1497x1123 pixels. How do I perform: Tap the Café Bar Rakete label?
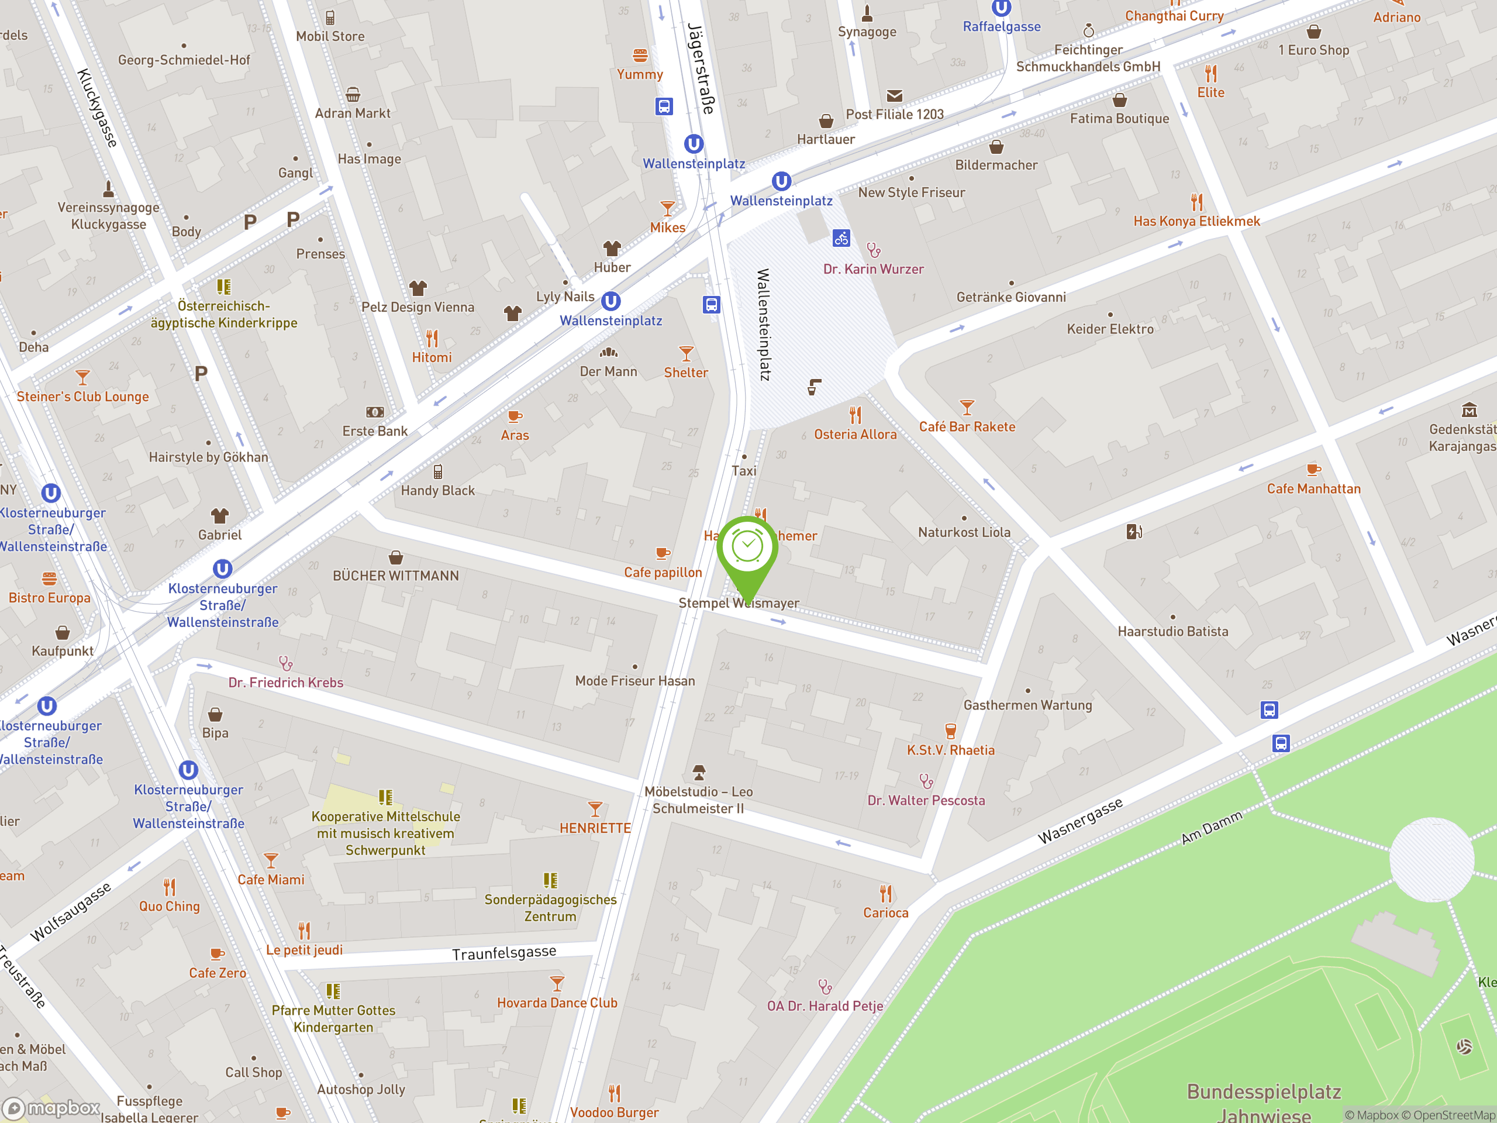click(x=967, y=426)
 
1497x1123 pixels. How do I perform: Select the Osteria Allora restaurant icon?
click(x=856, y=414)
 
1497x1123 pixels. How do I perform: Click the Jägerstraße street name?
click(x=701, y=68)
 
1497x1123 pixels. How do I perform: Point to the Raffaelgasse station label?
click(x=1002, y=26)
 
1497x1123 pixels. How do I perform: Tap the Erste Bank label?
click(x=375, y=431)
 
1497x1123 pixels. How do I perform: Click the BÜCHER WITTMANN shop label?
click(x=396, y=576)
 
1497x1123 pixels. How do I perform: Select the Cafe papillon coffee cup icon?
click(x=663, y=554)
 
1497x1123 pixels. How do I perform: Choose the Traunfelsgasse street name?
click(x=504, y=953)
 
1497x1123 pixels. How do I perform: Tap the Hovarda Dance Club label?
click(x=557, y=1003)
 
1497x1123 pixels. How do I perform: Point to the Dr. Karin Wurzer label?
click(x=873, y=268)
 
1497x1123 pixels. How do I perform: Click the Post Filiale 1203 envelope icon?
click(x=894, y=96)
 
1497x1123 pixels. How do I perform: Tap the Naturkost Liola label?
click(x=964, y=532)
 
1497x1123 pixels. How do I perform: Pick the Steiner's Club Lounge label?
click(x=82, y=397)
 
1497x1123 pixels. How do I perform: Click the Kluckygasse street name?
click(x=98, y=108)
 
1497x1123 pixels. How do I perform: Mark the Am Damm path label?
click(x=1212, y=827)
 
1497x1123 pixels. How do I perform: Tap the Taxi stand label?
click(x=744, y=470)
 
